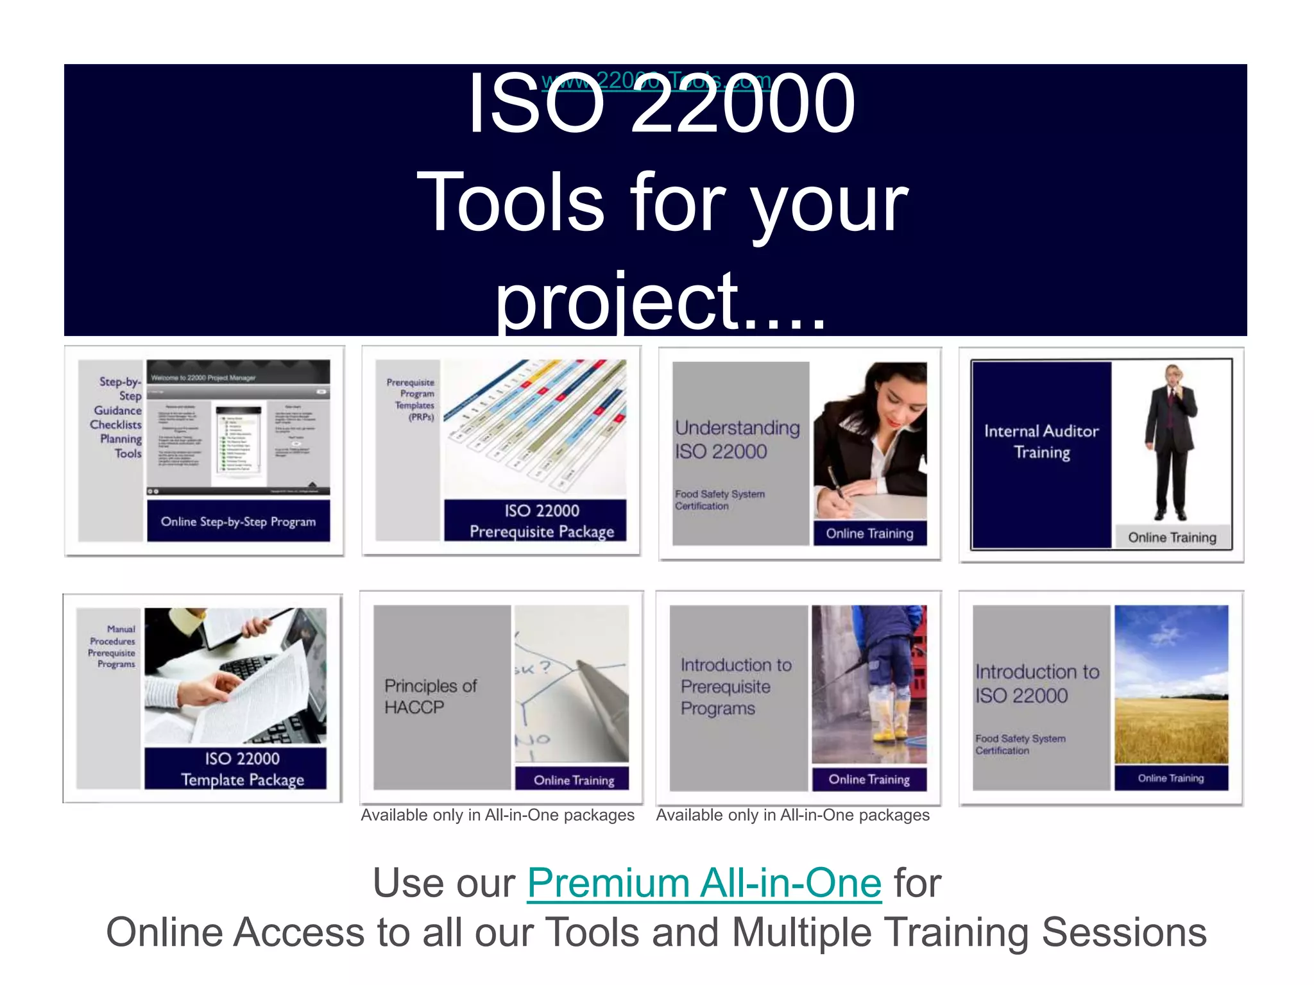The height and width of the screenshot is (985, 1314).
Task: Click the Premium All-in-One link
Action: click(x=704, y=884)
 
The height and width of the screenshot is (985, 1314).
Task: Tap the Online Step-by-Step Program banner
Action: click(x=238, y=521)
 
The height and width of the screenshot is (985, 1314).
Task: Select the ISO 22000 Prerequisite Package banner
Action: click(x=541, y=521)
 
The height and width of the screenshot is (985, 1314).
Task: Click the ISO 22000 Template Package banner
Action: click(x=242, y=769)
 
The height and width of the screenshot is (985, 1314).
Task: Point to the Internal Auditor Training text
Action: click(x=1041, y=441)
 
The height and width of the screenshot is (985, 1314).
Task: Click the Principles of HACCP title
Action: click(x=431, y=696)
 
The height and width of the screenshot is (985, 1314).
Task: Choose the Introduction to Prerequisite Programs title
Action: click(x=735, y=686)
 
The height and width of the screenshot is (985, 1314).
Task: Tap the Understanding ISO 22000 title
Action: click(x=737, y=439)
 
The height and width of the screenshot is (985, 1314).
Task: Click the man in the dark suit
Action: click(x=1170, y=442)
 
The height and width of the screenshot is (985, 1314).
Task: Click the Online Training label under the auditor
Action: click(x=1172, y=537)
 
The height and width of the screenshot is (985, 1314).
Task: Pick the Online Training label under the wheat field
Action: click(x=1170, y=778)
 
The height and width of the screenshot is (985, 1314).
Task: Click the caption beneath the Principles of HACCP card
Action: click(x=497, y=815)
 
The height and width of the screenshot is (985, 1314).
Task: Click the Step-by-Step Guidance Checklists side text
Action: click(x=117, y=417)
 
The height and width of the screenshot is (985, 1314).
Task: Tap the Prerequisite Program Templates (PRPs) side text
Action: click(x=412, y=399)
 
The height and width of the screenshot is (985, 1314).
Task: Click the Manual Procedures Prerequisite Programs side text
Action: click(x=113, y=646)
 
